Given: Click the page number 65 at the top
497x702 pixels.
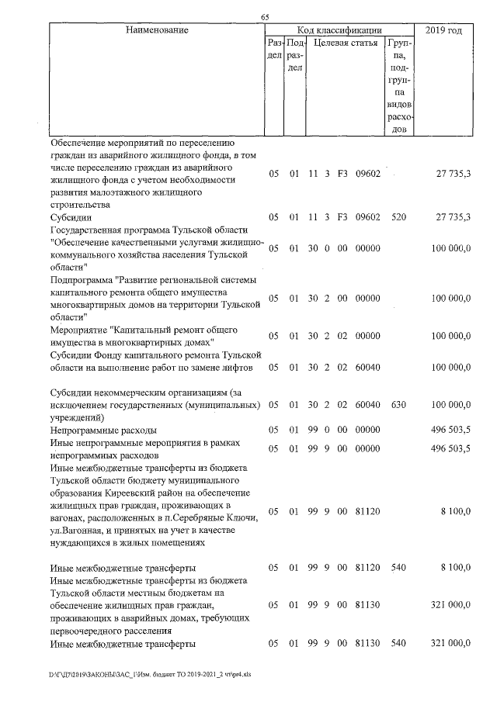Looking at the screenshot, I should [x=265, y=19].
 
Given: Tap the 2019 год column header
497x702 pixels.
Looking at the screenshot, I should [x=444, y=30].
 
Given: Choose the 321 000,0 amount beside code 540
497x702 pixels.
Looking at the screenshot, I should [x=451, y=644].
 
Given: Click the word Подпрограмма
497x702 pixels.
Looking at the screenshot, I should [x=85, y=279].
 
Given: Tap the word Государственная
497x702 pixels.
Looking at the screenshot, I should [x=93, y=230].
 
